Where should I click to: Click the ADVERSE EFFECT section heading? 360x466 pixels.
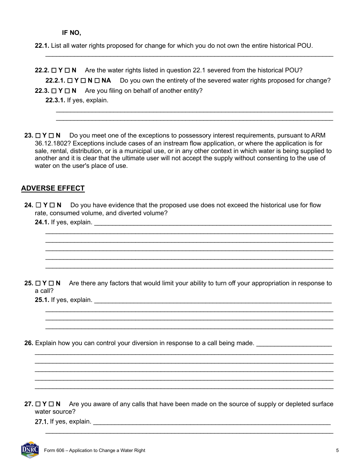(53, 188)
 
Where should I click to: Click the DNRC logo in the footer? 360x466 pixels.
(30, 450)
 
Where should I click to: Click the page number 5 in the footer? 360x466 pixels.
(337, 450)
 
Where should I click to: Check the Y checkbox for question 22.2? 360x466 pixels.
(54, 70)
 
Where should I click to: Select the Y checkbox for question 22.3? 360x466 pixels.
(54, 91)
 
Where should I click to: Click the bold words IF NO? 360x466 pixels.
(72, 33)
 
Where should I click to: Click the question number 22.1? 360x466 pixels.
(42, 46)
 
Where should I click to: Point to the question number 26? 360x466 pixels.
(29, 343)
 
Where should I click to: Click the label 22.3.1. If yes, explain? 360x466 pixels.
(77, 100)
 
